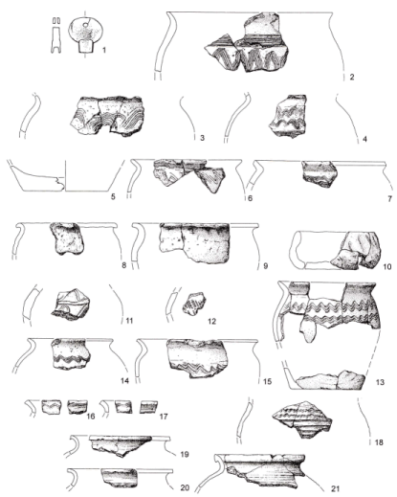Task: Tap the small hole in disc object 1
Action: [x=86, y=25]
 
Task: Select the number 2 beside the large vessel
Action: [x=352, y=77]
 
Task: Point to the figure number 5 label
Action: [x=113, y=196]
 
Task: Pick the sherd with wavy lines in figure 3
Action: [x=106, y=116]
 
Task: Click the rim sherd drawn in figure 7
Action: [x=318, y=173]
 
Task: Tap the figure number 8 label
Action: [x=124, y=265]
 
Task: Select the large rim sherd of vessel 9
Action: [x=194, y=243]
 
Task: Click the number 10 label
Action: [x=386, y=266]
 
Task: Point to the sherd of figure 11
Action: [x=71, y=305]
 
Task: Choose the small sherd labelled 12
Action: [x=194, y=304]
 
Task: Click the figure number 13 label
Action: [x=380, y=382]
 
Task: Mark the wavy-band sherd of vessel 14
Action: [x=70, y=354]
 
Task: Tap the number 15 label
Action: [x=267, y=381]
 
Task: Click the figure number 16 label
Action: [x=91, y=417]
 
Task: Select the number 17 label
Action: [x=164, y=417]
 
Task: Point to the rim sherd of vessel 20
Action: [x=120, y=478]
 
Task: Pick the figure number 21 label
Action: [x=335, y=488]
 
